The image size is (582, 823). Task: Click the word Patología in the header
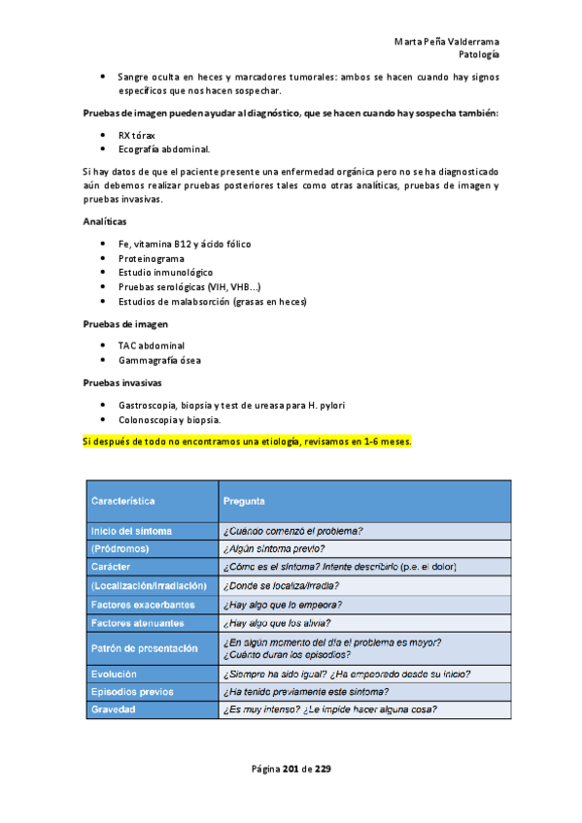point(479,55)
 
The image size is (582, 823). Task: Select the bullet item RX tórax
point(139,135)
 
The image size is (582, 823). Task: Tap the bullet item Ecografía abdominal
point(163,149)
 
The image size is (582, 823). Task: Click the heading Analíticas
point(105,222)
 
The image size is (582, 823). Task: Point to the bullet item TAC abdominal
point(152,346)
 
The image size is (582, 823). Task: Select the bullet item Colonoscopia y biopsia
point(169,419)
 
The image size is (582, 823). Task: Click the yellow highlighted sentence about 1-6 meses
point(248,441)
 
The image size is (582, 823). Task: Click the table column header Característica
point(123,501)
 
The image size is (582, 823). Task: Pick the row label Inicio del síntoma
point(132,530)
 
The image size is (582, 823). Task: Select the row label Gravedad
point(114,708)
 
